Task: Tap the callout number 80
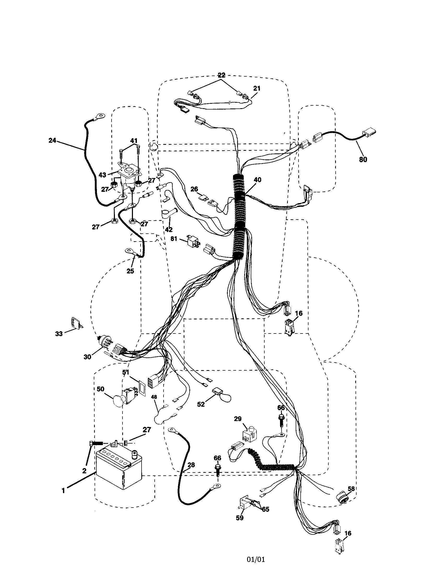coord(363,159)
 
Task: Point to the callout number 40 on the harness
coord(258,180)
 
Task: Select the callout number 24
coord(52,140)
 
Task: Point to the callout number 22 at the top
coord(221,75)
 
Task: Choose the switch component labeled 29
coord(248,436)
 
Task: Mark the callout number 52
coord(201,404)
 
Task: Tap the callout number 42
coord(169,229)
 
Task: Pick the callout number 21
coord(257,88)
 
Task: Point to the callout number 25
coord(130,271)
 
